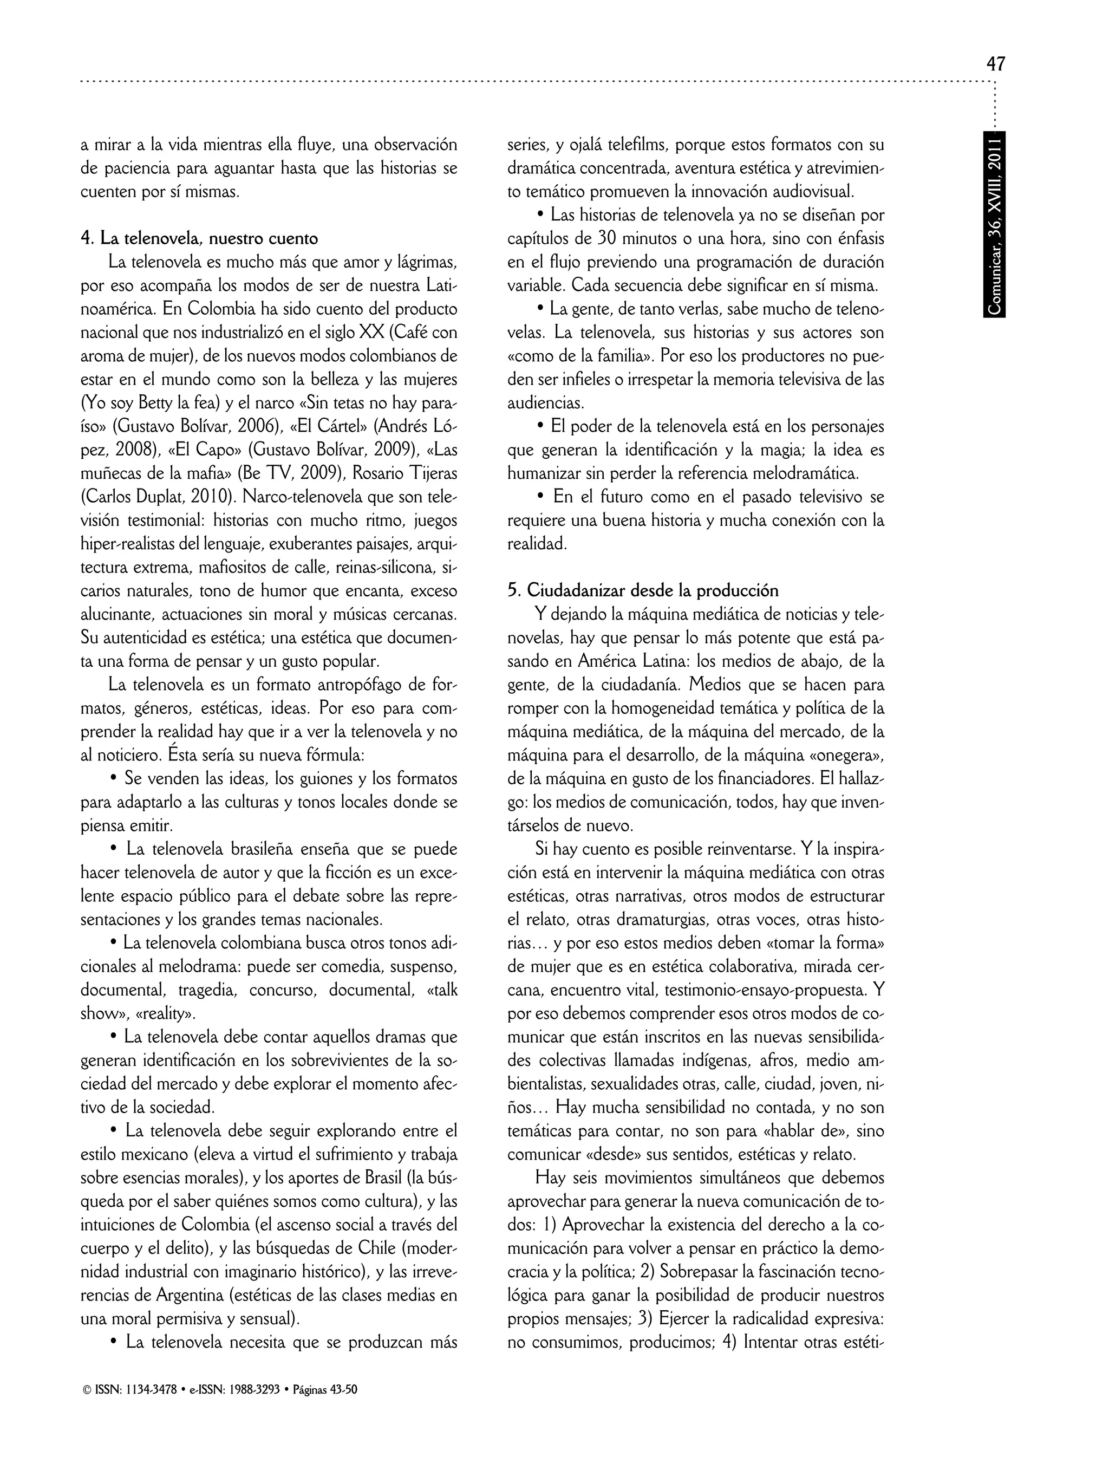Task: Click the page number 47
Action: pos(995,64)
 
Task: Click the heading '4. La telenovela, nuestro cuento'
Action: pos(199,238)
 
